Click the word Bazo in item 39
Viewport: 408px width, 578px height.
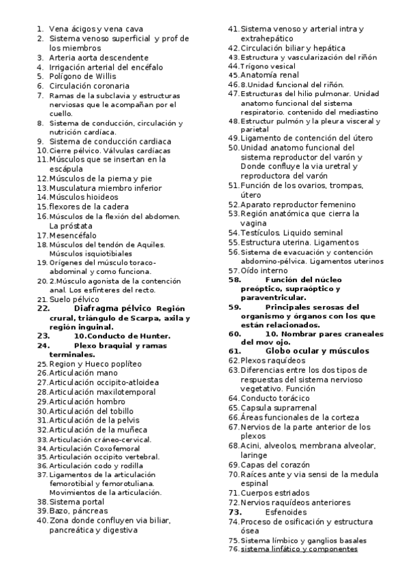pyautogui.click(x=58, y=510)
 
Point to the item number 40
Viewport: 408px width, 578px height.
pyautogui.click(x=42, y=520)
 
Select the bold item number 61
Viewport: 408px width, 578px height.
pyautogui.click(x=234, y=351)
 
